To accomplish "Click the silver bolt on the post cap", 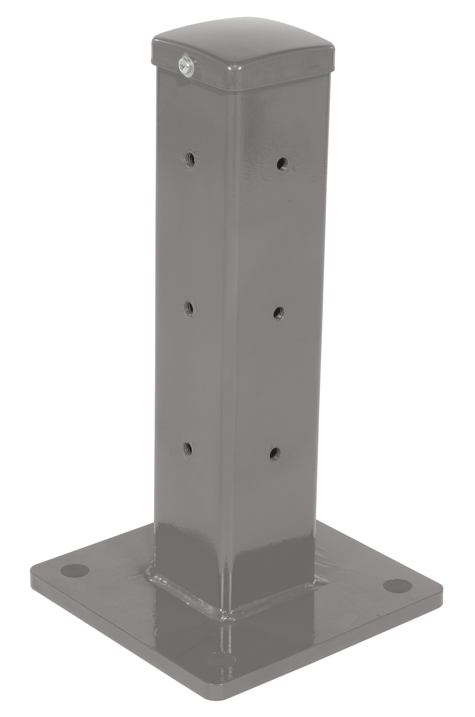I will coord(186,65).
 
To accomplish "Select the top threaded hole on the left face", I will coord(190,159).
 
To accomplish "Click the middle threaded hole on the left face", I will coord(189,308).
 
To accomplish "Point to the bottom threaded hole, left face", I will coord(187,448).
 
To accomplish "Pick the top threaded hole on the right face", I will coord(282,163).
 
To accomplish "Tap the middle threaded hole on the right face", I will coord(278,311).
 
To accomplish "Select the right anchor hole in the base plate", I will coord(397,586).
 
